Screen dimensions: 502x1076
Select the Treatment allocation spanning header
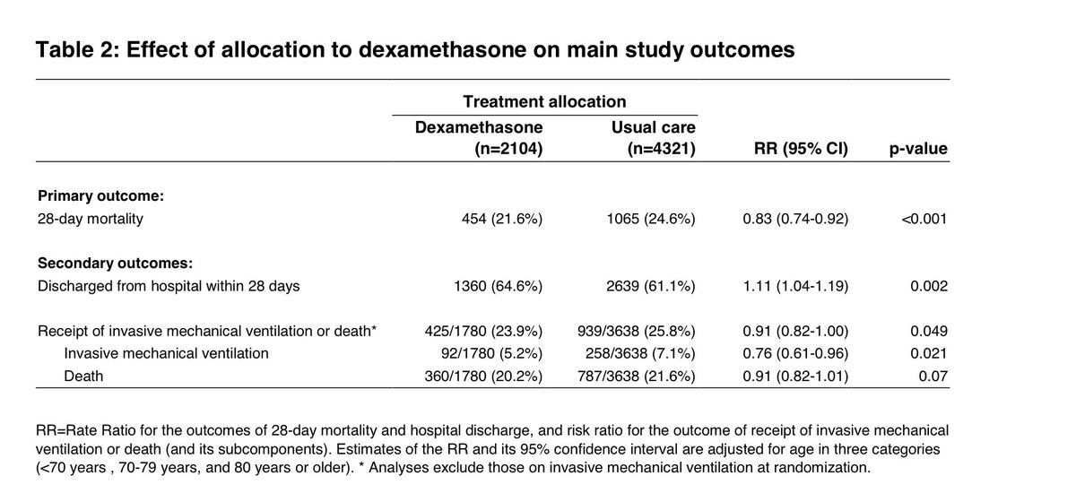click(x=544, y=101)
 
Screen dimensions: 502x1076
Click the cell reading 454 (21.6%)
click(x=501, y=218)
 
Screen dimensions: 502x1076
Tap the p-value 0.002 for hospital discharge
click(x=929, y=286)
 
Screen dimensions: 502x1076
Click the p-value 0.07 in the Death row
click(x=933, y=376)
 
